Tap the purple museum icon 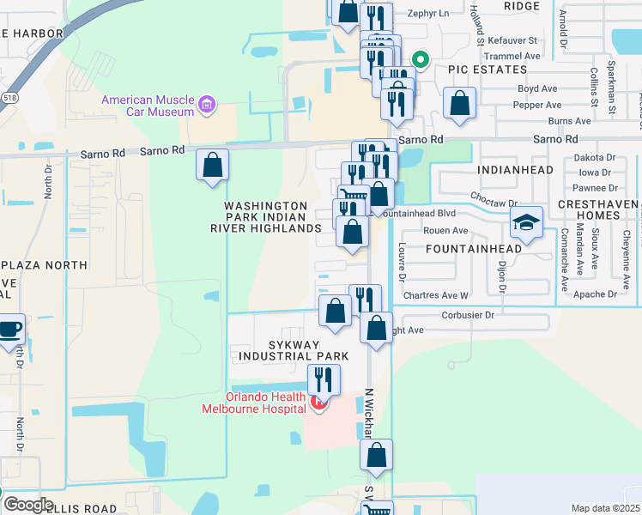206,106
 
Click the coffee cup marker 10,330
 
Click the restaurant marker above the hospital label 324,379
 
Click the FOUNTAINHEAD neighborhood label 473,249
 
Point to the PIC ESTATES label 486,69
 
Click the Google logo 27,504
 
